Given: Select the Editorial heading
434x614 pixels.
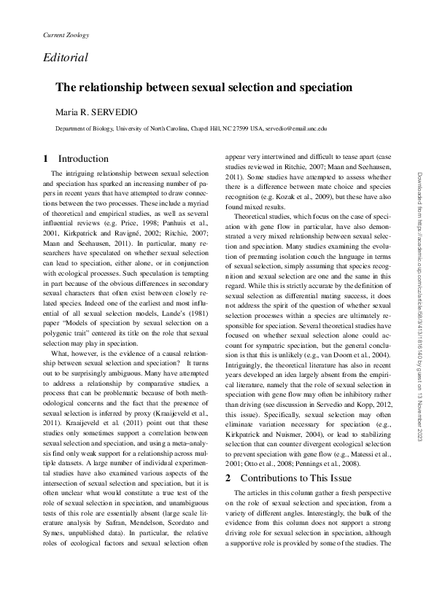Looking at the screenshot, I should (x=65, y=57).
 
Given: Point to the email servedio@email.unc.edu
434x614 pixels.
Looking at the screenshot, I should (x=295, y=128).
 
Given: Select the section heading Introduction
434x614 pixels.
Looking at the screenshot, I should (x=83, y=158).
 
